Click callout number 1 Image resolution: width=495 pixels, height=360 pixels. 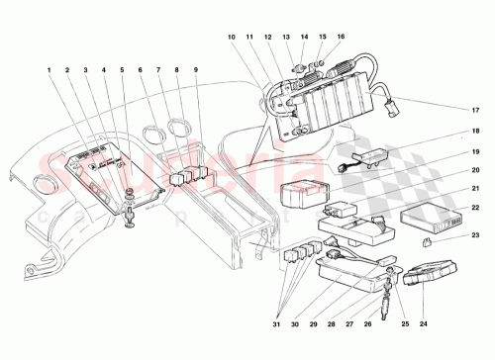coord(49,71)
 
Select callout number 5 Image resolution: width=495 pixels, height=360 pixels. coord(123,71)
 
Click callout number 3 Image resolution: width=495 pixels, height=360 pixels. coord(86,71)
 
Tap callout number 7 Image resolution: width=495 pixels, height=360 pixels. coord(158,71)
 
